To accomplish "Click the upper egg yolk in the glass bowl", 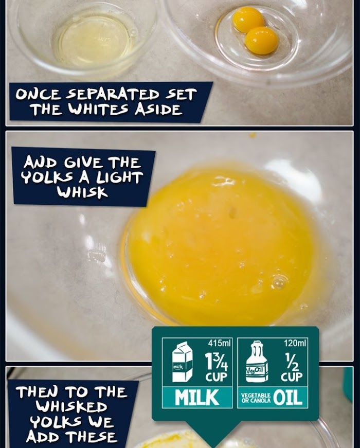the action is (x=248, y=20).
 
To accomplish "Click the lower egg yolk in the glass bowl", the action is (x=261, y=40).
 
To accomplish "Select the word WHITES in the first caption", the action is (x=98, y=109).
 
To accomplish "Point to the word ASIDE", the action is (x=158, y=109).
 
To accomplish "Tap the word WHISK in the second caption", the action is (x=82, y=192).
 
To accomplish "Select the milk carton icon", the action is (x=182, y=362).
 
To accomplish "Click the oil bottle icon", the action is (x=257, y=362).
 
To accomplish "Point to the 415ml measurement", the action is (x=219, y=343).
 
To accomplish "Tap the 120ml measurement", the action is (x=295, y=343).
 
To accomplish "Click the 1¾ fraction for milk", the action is (x=216, y=362).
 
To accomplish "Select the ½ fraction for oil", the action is (x=292, y=362).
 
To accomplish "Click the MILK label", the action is (x=197, y=398).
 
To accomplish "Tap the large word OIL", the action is (x=287, y=398).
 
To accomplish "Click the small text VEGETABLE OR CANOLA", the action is (x=256, y=398).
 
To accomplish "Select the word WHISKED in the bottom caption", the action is (x=71, y=406).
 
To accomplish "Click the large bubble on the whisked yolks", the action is (x=279, y=281).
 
